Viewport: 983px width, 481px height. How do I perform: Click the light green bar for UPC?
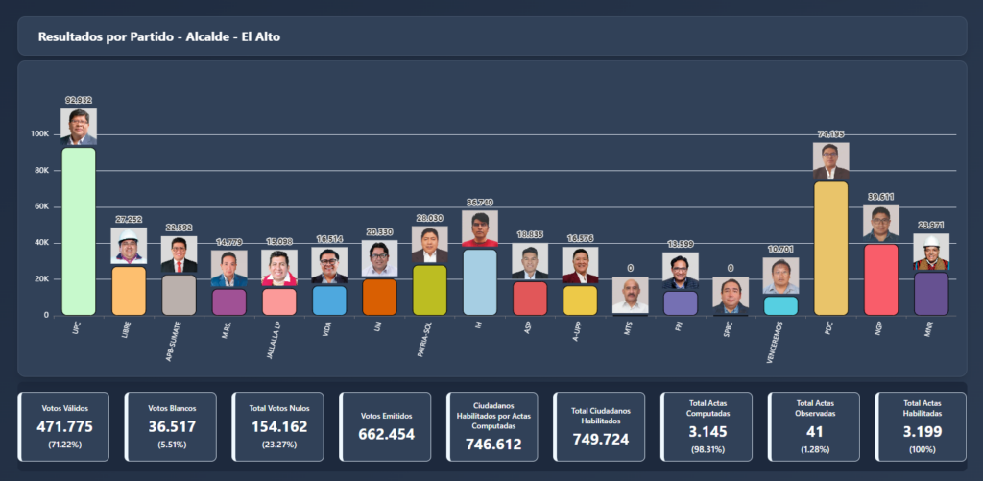pyautogui.click(x=79, y=230)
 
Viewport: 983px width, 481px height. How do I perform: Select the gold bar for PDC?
pyautogui.click(x=830, y=248)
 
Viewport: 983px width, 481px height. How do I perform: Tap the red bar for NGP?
pyautogui.click(x=880, y=279)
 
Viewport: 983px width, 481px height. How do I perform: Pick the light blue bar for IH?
pyautogui.click(x=480, y=281)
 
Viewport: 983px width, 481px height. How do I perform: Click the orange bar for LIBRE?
pyautogui.click(x=129, y=290)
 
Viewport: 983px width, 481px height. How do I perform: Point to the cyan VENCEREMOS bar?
pyautogui.click(x=780, y=305)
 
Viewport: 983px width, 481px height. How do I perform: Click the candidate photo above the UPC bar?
pyautogui.click(x=79, y=127)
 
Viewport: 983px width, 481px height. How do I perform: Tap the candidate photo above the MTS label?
pyautogui.click(x=630, y=295)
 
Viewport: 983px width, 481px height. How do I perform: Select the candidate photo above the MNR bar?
pyautogui.click(x=930, y=252)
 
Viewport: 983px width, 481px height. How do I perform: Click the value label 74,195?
pyautogui.click(x=830, y=134)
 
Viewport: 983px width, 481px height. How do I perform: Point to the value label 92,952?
pyautogui.click(x=79, y=100)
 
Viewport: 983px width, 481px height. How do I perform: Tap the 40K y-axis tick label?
pyautogui.click(x=41, y=243)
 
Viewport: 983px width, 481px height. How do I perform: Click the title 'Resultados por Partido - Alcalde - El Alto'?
pyautogui.click(x=159, y=36)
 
